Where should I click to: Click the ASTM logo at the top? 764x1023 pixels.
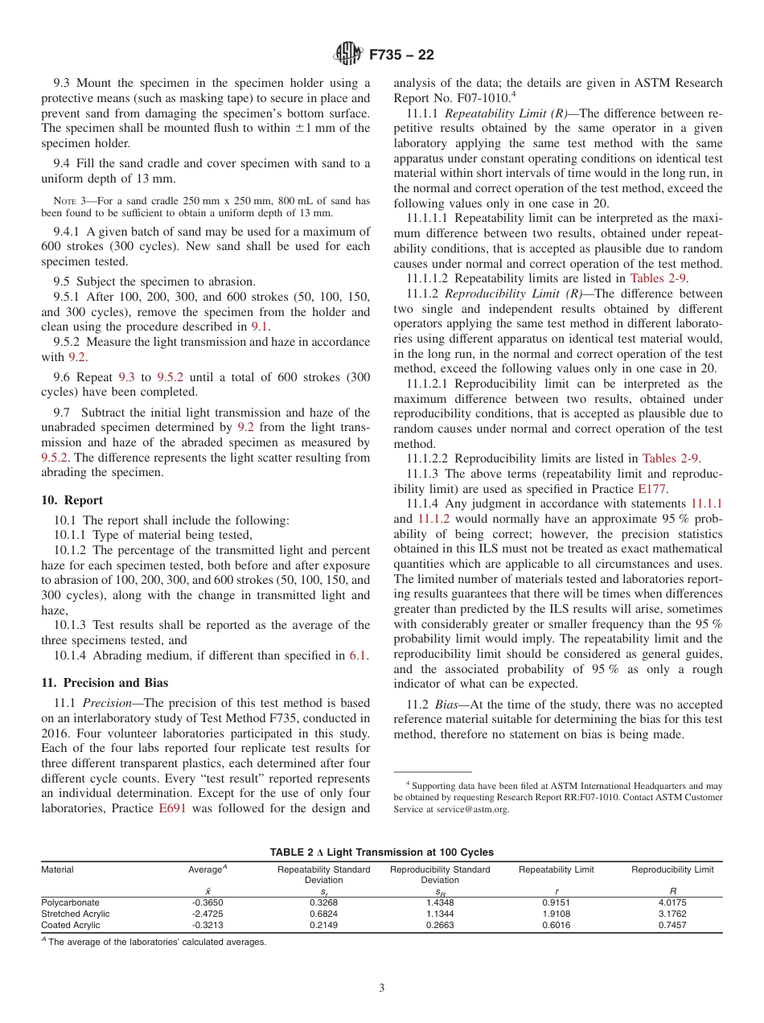[x=348, y=55]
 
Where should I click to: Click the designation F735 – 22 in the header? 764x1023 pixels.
[x=401, y=55]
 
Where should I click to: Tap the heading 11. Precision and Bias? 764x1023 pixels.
[x=105, y=683]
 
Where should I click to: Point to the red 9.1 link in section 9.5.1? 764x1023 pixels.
[x=261, y=327]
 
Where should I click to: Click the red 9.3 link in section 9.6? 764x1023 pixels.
[x=127, y=376]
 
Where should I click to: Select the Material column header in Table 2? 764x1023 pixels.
[x=57, y=869]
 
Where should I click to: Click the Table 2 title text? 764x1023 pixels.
[x=381, y=852]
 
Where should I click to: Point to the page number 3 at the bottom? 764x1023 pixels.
[x=382, y=988]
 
